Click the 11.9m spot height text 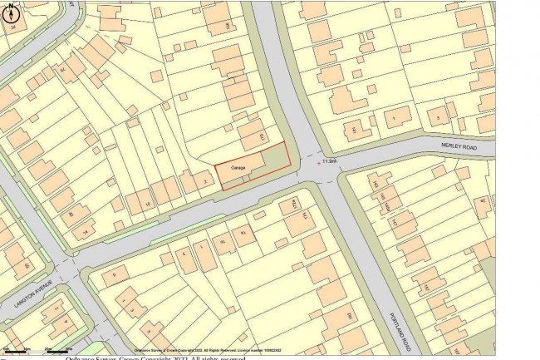[x=330, y=161]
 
